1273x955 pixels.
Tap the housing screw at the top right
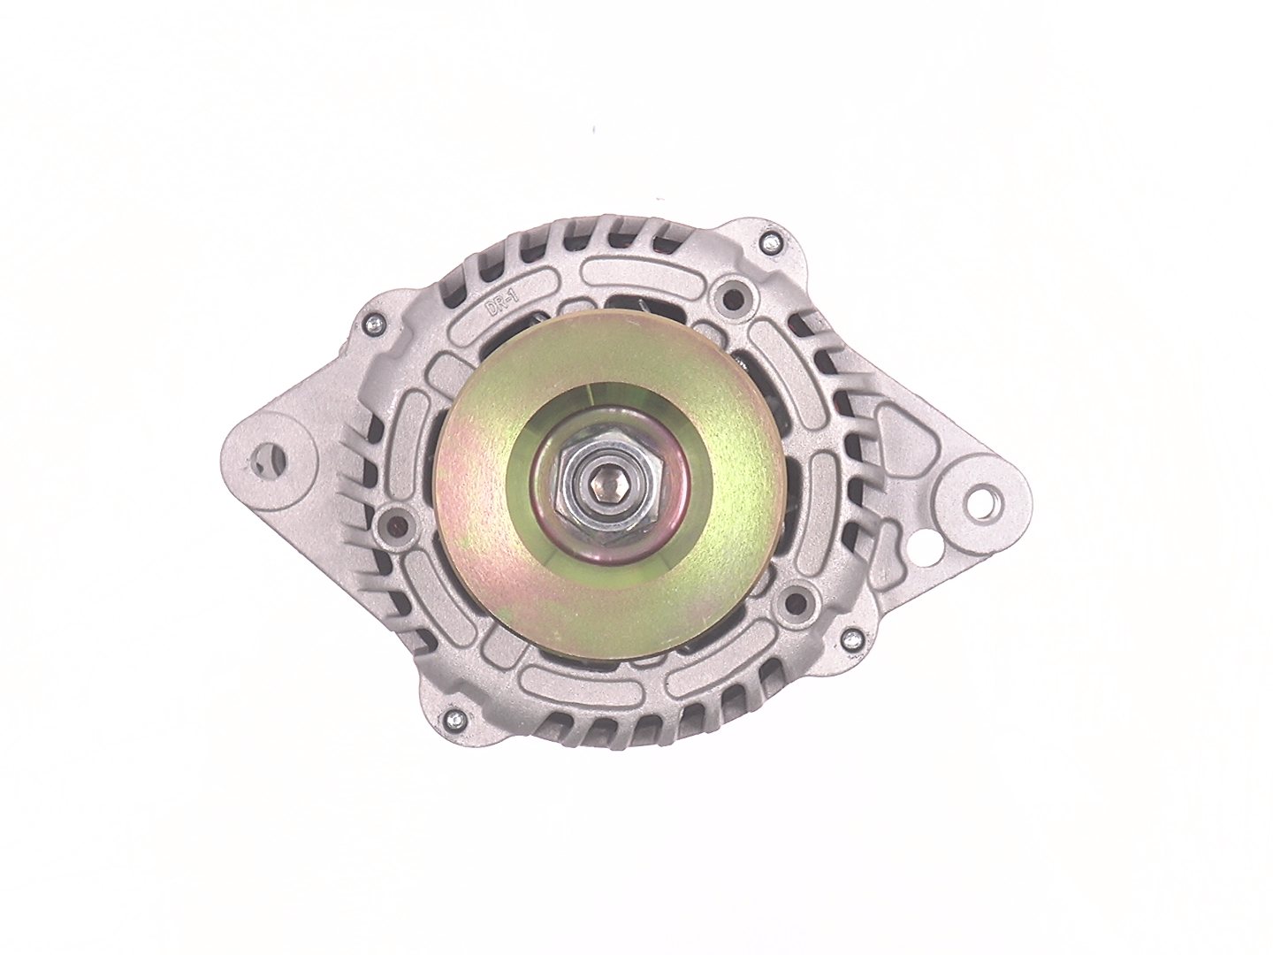(770, 242)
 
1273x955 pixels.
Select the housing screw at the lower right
(851, 638)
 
